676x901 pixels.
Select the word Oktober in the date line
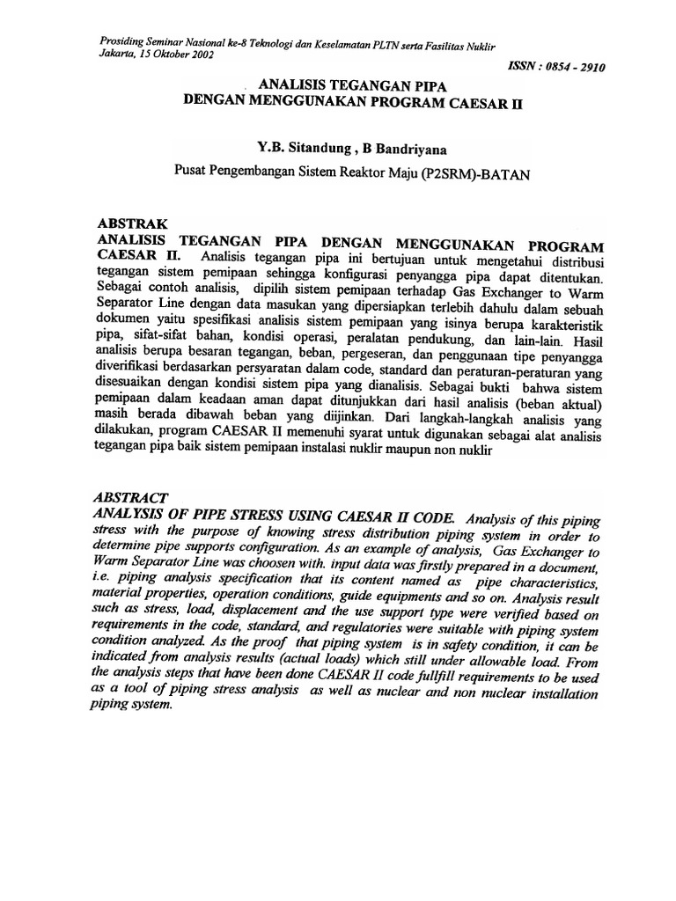[x=164, y=53]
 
